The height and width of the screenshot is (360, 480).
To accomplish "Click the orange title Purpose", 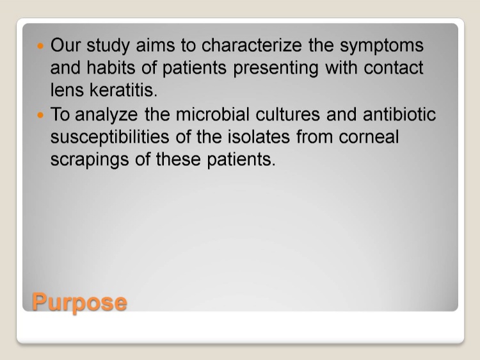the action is (79, 303).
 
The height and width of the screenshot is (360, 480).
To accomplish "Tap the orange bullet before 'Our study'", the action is (40, 46).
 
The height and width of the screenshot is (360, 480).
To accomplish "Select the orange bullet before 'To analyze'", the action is (40, 115).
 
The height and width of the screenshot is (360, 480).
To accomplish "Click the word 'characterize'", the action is (252, 45).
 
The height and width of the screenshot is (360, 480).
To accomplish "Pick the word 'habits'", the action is (111, 67).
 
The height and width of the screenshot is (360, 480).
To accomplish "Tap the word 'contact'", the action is (394, 68).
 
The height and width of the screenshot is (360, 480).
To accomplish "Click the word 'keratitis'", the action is (124, 90).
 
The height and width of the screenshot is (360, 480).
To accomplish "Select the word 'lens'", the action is (67, 90).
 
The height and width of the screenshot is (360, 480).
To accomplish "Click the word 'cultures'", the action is (287, 114).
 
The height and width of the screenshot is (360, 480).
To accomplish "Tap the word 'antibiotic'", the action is (399, 114).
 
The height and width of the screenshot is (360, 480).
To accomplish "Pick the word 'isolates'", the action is (259, 136).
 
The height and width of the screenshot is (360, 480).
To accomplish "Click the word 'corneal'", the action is (369, 136).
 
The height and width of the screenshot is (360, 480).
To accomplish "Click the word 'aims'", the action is (156, 45).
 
